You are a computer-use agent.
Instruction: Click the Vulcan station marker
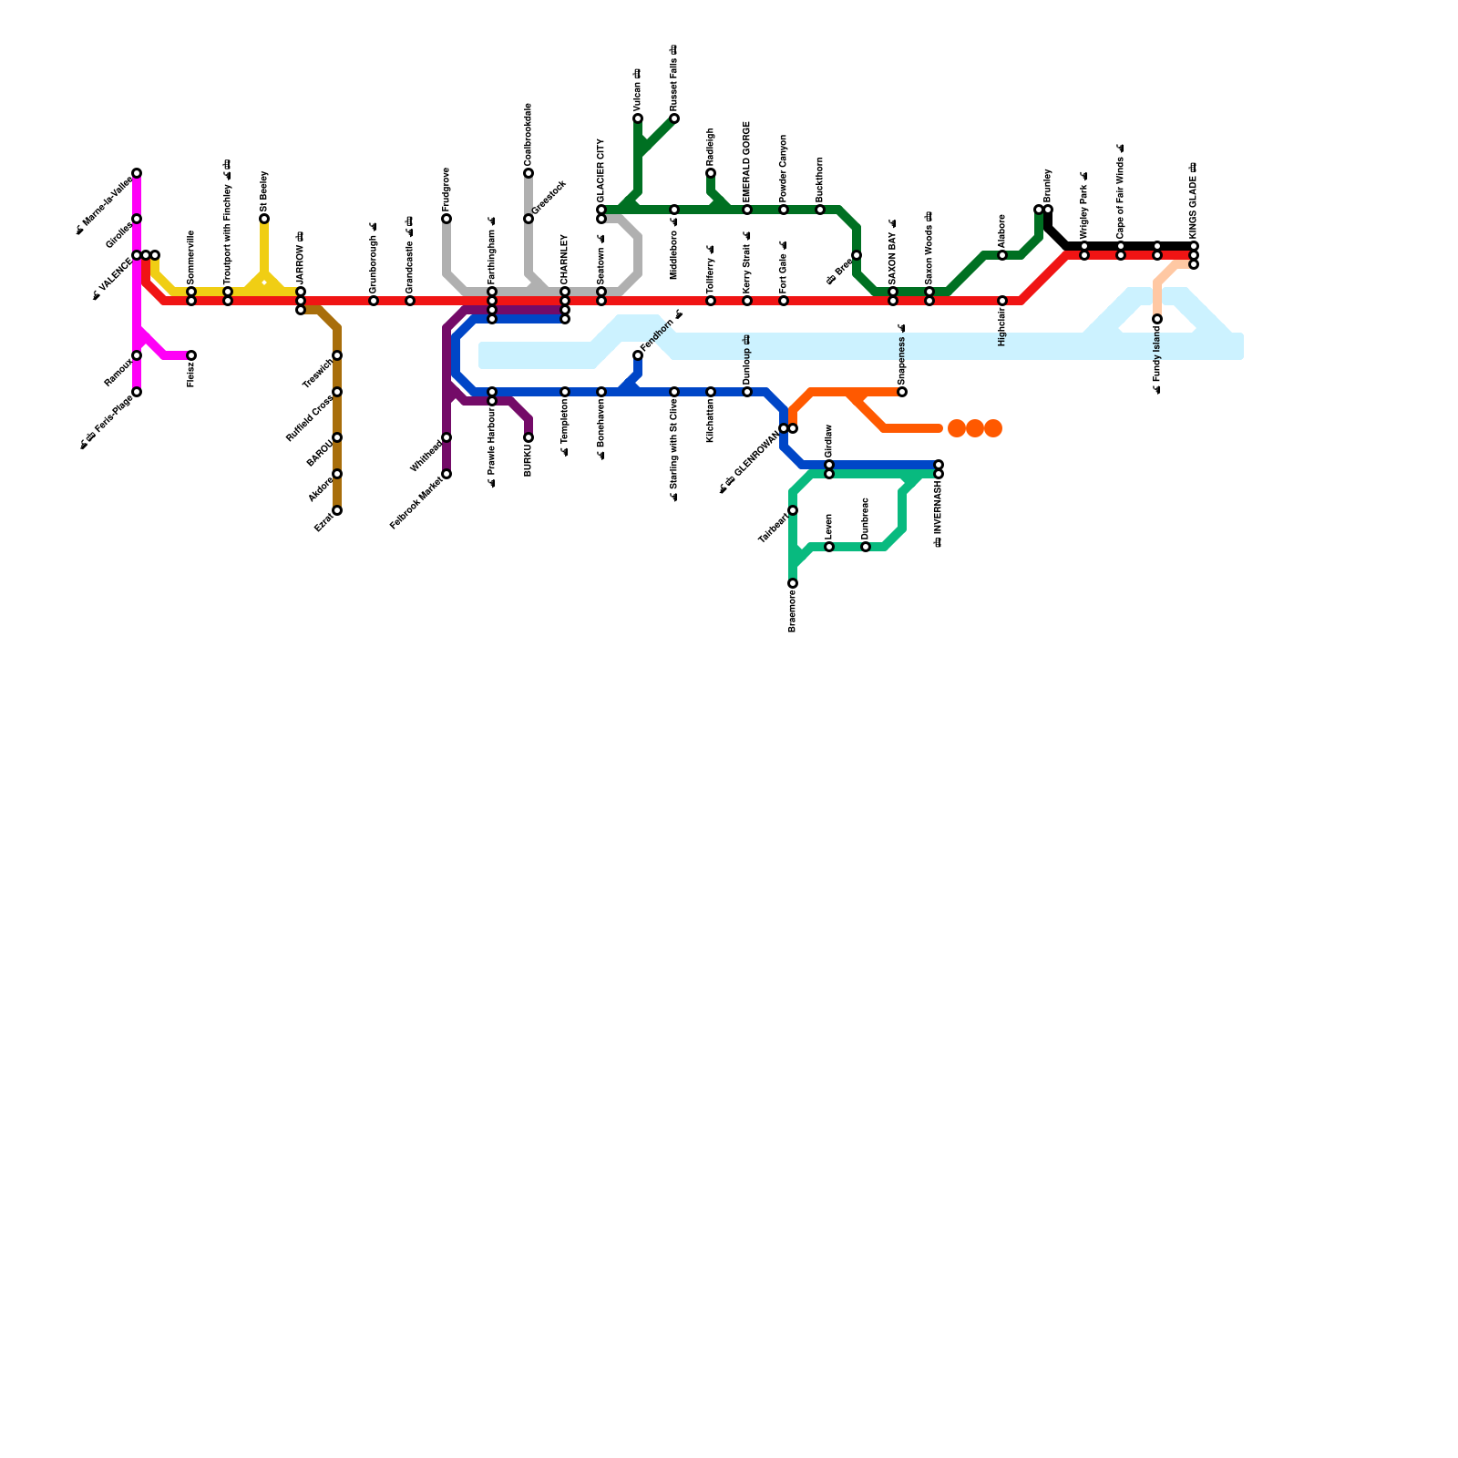point(638,118)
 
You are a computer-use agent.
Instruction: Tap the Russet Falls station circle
point(674,118)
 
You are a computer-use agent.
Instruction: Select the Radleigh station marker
point(711,173)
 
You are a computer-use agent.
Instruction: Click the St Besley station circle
point(264,219)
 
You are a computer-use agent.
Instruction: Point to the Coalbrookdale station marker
point(529,173)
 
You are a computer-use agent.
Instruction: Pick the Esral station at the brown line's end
point(337,510)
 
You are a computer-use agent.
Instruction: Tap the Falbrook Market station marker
point(447,474)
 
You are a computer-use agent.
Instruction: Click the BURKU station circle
point(529,437)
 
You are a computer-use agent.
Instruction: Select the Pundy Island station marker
point(1157,319)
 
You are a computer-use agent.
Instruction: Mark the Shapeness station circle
point(902,392)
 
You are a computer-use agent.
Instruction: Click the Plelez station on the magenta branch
point(191,355)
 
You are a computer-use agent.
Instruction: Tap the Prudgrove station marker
point(447,219)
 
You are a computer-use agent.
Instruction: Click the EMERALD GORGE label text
point(747,161)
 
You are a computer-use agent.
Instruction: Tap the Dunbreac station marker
point(866,547)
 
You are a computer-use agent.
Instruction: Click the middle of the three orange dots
point(975,428)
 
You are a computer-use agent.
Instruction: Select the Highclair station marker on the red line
point(1002,301)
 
